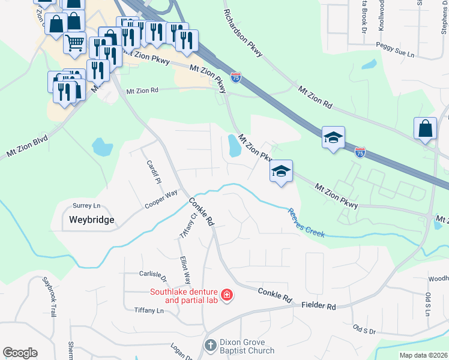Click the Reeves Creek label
306,223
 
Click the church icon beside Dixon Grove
210,346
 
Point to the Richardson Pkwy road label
243,34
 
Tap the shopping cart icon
74,43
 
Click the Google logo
20,353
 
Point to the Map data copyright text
423,355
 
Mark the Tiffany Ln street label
148,311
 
